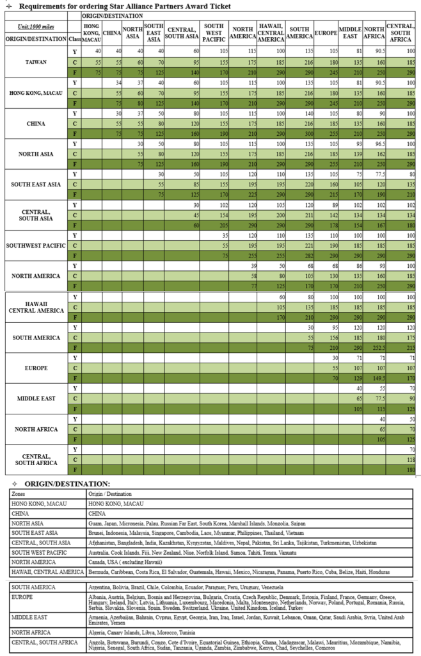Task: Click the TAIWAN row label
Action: coord(35,62)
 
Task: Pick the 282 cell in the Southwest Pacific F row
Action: coord(299,254)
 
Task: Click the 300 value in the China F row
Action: coord(299,133)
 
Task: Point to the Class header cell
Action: coord(75,38)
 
